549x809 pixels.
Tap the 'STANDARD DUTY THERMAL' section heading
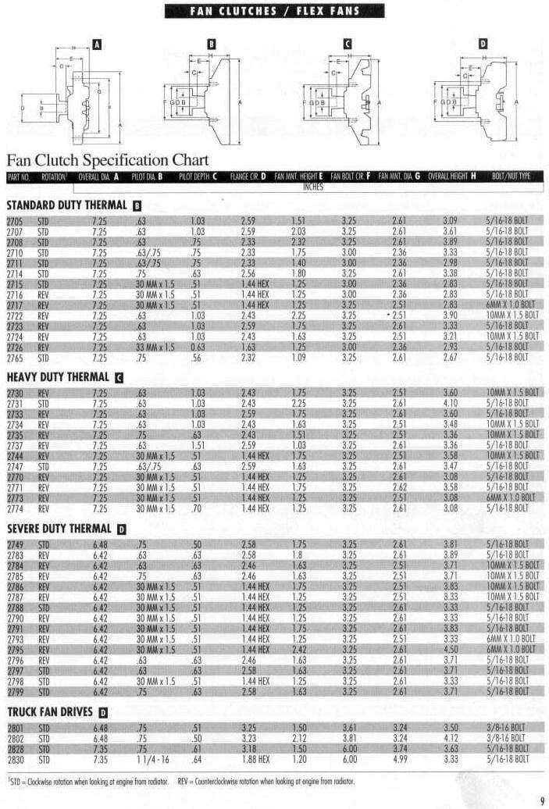(x=67, y=205)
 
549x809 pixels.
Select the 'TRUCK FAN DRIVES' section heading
(x=51, y=711)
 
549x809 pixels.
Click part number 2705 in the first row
(x=15, y=222)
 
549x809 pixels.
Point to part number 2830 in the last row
(x=15, y=758)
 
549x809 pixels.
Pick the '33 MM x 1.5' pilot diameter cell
(x=155, y=347)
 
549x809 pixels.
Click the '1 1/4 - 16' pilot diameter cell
(x=152, y=758)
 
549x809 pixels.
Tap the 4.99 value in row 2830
(x=398, y=758)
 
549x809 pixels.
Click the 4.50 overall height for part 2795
(x=450, y=649)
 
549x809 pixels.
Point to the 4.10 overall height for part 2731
(x=450, y=403)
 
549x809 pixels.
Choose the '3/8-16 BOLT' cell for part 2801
(x=507, y=728)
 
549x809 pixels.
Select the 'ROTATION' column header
(x=54, y=176)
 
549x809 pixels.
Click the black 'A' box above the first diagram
(x=97, y=45)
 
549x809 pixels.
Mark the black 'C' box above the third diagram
(x=348, y=45)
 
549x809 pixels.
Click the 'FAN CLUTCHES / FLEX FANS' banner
(x=273, y=10)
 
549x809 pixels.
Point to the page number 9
(x=541, y=800)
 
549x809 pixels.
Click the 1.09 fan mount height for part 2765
(x=298, y=357)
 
